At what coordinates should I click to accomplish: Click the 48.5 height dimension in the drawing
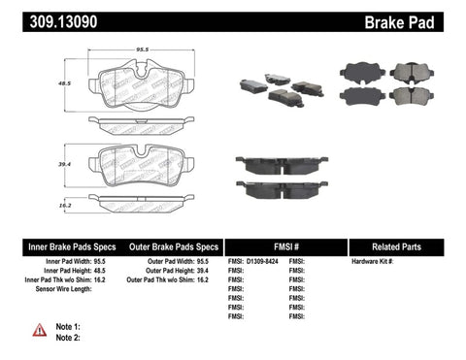coord(65,83)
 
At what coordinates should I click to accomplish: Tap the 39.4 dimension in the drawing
coord(65,165)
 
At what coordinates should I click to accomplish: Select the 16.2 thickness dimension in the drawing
coord(65,206)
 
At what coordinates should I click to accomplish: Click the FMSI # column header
coord(284,245)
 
